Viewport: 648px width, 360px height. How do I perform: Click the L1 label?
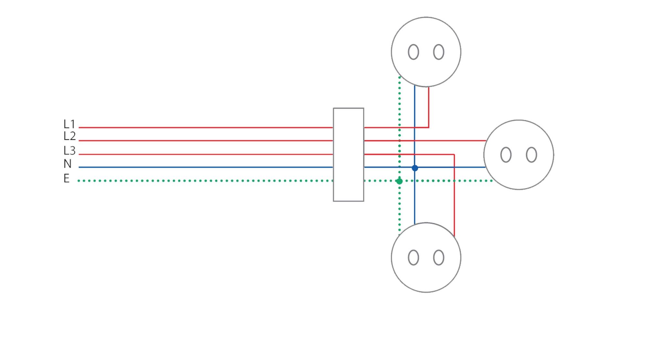69,124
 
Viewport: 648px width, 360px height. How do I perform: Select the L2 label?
69,136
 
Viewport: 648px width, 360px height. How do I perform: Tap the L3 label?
69,151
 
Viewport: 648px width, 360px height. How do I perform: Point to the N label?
67,164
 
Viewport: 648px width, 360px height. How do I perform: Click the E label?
67,178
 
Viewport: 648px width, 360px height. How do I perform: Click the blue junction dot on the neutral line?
415,168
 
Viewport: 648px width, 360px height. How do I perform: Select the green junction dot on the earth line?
399,181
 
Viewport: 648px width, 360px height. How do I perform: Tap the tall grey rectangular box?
348,154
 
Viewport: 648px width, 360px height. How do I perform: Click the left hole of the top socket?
413,52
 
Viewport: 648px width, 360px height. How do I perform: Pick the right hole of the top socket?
438,52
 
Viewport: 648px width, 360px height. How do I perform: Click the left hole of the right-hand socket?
506,155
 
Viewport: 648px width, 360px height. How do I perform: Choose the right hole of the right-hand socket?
531,155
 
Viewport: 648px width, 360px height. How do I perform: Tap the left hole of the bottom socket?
413,258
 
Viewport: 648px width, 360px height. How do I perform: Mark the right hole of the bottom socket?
438,258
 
